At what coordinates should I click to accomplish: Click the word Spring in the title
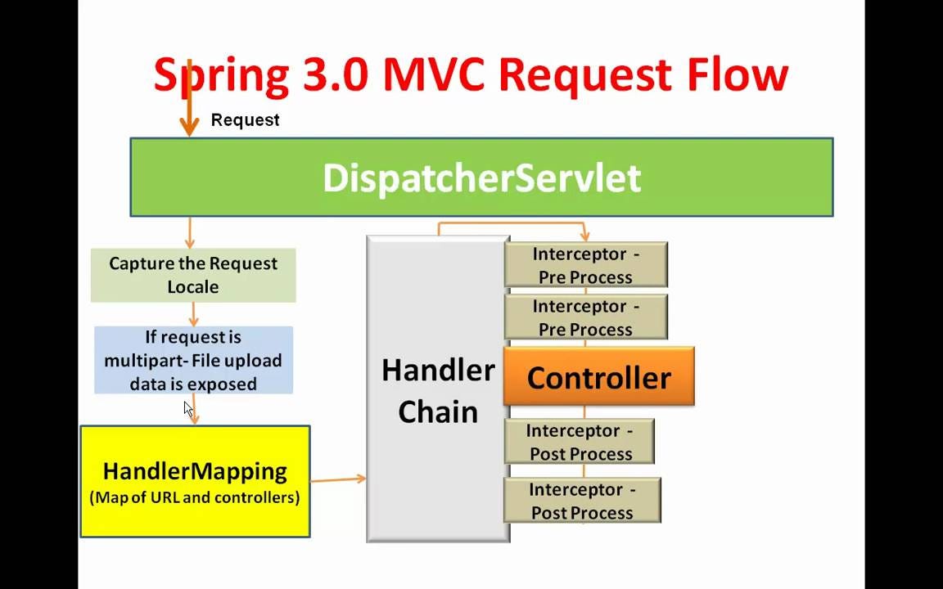pyautogui.click(x=221, y=75)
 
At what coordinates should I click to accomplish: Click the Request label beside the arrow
pyautogui.click(x=245, y=120)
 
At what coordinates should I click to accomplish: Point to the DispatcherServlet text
pyautogui.click(x=481, y=178)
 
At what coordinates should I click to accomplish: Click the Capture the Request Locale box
pyautogui.click(x=193, y=275)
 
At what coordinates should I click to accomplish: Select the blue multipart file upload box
pyautogui.click(x=193, y=360)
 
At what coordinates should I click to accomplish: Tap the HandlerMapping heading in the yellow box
pyautogui.click(x=195, y=471)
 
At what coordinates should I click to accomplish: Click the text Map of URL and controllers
pyautogui.click(x=195, y=497)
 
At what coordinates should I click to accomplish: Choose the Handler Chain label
pyautogui.click(x=438, y=390)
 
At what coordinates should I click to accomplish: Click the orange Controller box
pyautogui.click(x=598, y=377)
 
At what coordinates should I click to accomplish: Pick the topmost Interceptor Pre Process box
pyautogui.click(x=585, y=264)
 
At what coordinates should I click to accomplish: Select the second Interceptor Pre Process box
pyautogui.click(x=585, y=317)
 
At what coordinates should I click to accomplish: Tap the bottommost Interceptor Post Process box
pyautogui.click(x=582, y=501)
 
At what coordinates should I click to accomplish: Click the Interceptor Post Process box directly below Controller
pyautogui.click(x=579, y=442)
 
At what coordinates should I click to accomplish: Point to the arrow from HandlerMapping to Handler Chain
pyautogui.click(x=337, y=479)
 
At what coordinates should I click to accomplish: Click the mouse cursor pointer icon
pyautogui.click(x=187, y=409)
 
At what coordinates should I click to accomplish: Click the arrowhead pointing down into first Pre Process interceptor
pyautogui.click(x=584, y=236)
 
